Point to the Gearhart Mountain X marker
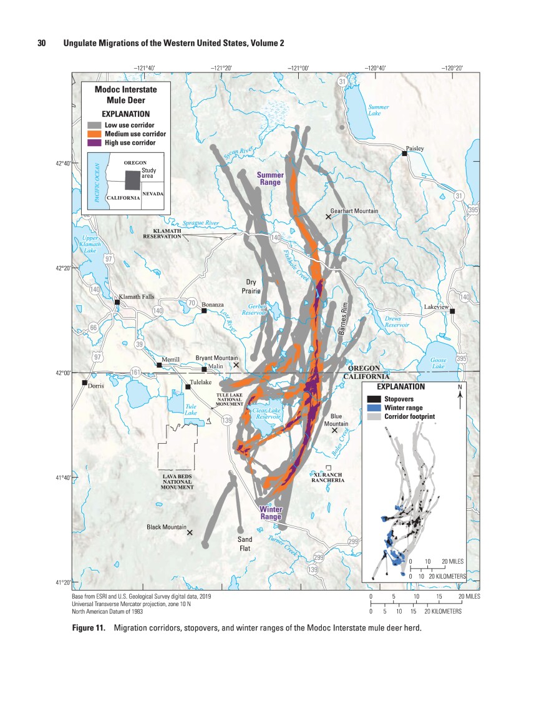tap(328, 217)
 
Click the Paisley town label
tap(415, 149)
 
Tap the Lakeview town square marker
tap(452, 311)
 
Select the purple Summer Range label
tap(270, 179)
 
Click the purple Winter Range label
tap(270, 512)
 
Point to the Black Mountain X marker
tap(190, 532)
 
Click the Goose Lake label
tap(439, 363)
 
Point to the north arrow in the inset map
tap(460, 398)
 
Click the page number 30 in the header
tap(42, 43)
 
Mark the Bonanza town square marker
tap(204, 310)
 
